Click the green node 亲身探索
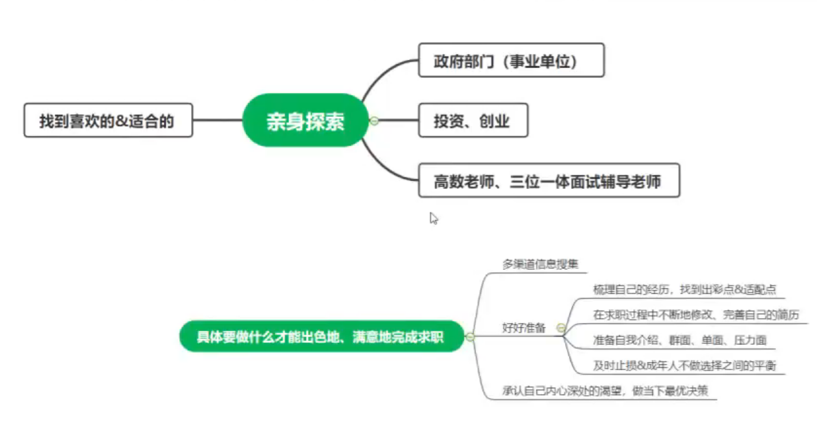coord(305,120)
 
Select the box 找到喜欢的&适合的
coord(108,120)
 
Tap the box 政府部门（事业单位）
coord(511,60)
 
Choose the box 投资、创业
coord(473,120)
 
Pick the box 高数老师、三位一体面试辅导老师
coord(549,181)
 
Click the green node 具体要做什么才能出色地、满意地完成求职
coord(321,336)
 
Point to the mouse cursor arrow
coord(434,218)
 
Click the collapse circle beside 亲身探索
coord(374,121)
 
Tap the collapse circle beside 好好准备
coord(561,328)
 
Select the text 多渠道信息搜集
coord(540,264)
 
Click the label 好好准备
coord(524,328)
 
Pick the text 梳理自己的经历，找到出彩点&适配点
coord(684,289)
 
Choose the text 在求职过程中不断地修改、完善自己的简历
coord(696,315)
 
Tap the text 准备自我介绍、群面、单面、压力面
coord(679,340)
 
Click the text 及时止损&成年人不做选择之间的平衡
coord(684,365)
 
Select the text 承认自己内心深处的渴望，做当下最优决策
coord(605,390)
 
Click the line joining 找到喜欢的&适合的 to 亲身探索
coord(217,120)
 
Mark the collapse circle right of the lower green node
coord(470,336)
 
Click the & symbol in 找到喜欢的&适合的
coord(122,121)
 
